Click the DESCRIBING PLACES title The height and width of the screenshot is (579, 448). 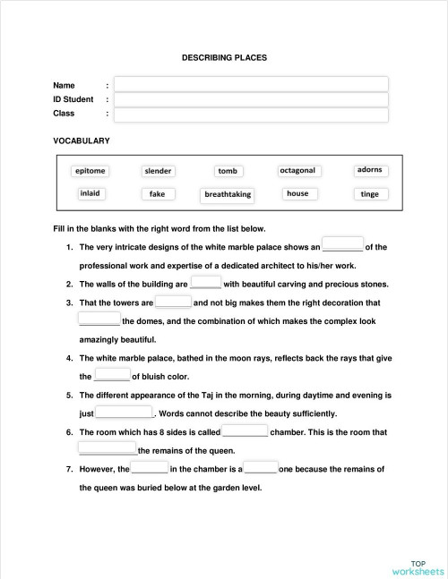(224, 58)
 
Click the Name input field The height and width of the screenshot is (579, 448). (251, 84)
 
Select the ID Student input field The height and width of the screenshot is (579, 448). (251, 99)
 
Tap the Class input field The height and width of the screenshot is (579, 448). (251, 115)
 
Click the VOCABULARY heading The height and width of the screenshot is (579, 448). (82, 141)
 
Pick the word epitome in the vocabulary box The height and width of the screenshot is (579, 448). (90, 171)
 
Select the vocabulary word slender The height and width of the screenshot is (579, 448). (159, 171)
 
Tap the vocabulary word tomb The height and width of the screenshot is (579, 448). (228, 171)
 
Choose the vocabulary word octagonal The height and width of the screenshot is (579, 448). (297, 170)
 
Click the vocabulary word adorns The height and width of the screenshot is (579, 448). (369, 169)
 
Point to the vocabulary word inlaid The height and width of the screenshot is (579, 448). (90, 193)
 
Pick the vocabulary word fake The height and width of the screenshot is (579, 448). (158, 193)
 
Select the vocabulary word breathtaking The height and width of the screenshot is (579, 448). (228, 194)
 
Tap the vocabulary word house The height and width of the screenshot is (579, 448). (297, 193)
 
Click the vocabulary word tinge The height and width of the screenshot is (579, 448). (369, 193)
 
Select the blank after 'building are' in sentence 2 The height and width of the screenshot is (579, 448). (206, 283)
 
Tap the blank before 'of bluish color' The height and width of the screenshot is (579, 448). (112, 376)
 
